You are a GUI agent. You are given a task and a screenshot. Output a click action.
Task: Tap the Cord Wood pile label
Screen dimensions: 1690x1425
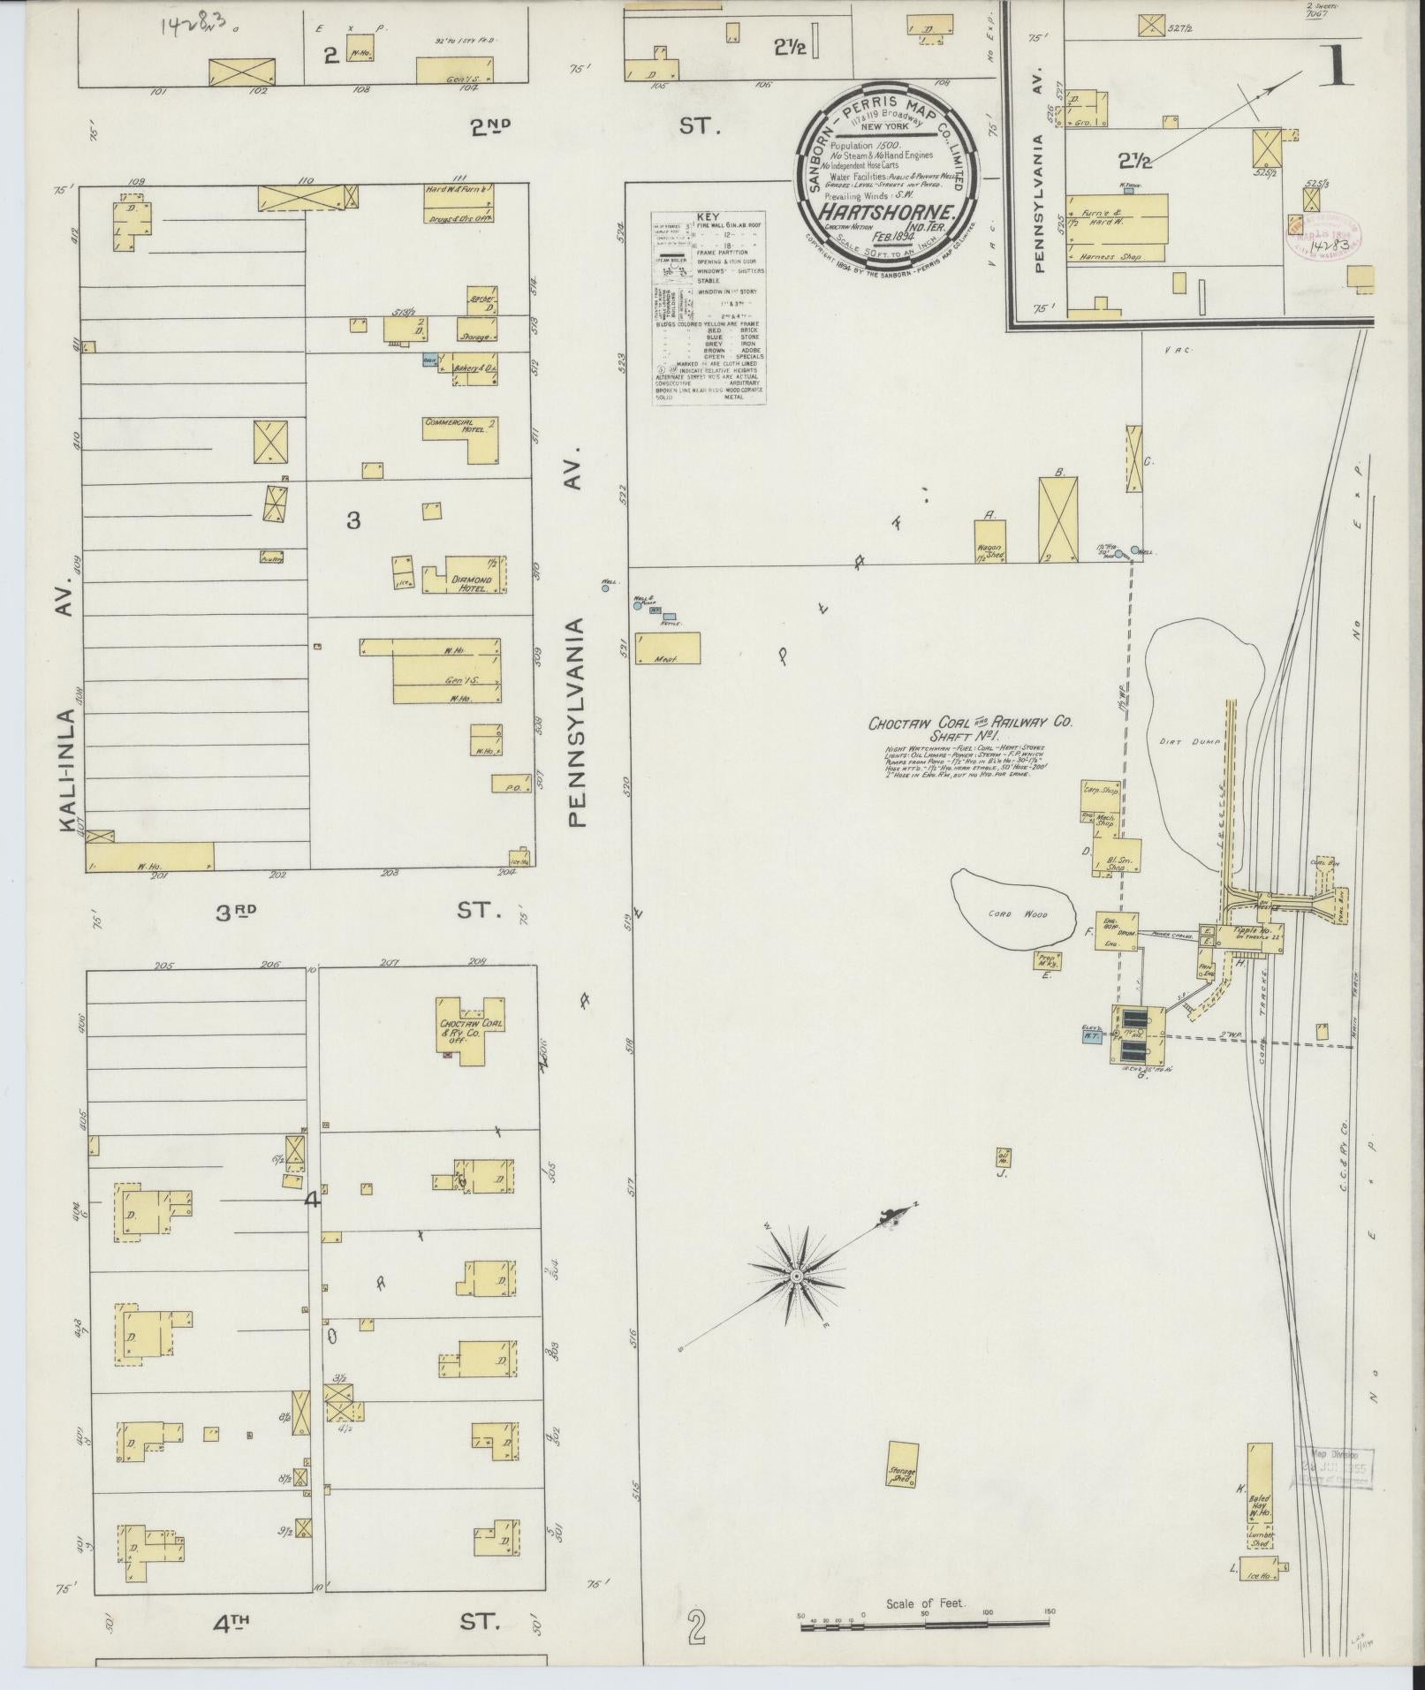click(x=1013, y=914)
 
